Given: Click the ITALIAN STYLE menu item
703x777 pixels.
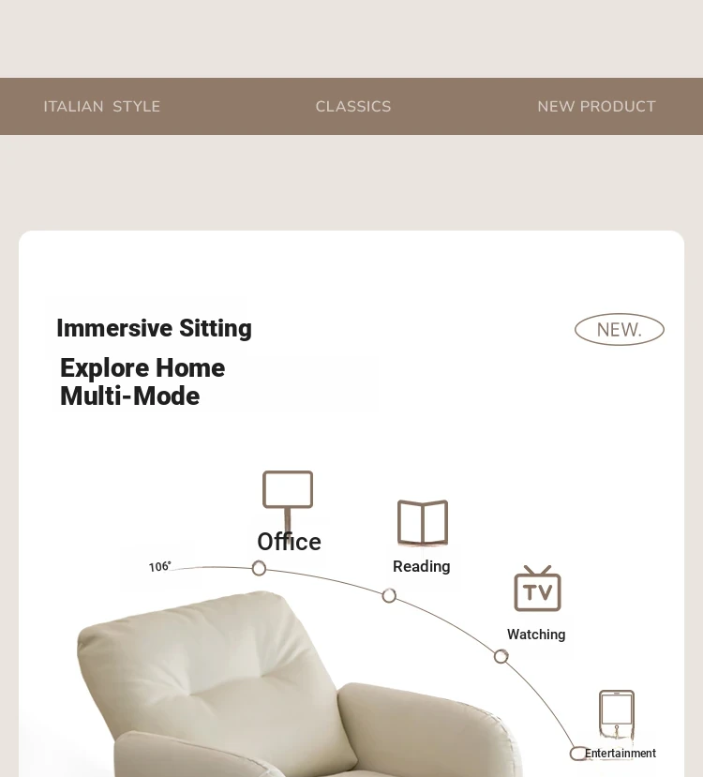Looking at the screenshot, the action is click(102, 107).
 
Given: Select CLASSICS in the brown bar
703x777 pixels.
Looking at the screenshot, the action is click(353, 107).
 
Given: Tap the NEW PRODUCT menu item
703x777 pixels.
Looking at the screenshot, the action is click(596, 107).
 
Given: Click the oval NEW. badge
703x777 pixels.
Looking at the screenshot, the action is click(620, 330).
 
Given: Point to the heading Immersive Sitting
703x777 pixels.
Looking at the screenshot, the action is click(154, 329).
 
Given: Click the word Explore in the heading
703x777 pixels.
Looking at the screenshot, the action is click(105, 368).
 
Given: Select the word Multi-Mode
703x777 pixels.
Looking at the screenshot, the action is click(129, 396).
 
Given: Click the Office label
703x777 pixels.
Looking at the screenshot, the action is click(290, 542).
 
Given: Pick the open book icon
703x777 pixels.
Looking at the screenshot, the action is click(423, 523).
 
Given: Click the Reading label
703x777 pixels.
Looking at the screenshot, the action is click(422, 566).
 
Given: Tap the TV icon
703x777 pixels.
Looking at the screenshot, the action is click(537, 589).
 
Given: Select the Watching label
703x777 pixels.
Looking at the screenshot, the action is click(536, 635).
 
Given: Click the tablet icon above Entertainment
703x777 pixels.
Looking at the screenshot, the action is click(617, 713).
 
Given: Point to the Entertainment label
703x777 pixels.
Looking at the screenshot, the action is click(621, 754).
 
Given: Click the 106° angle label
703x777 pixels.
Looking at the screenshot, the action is click(160, 566).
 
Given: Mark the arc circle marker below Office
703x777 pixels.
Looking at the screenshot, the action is click(259, 568).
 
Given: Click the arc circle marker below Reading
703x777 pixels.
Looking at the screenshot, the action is click(389, 595).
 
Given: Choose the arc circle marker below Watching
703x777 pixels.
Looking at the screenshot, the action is click(501, 657).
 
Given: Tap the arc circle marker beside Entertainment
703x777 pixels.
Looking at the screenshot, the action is click(577, 754).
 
